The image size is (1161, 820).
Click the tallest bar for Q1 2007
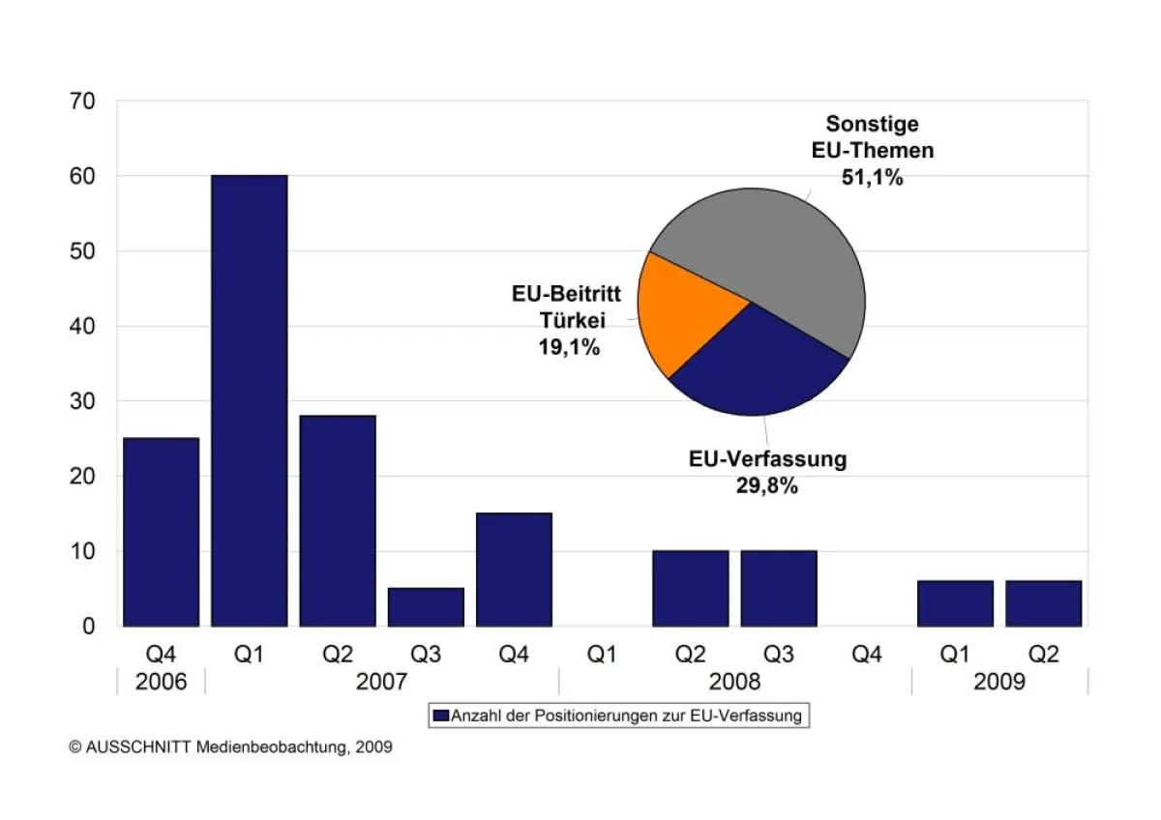[x=249, y=400]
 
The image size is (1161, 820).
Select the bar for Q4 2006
[x=161, y=532]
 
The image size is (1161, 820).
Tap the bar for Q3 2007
[x=426, y=606]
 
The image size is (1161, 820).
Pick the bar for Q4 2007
[x=514, y=570]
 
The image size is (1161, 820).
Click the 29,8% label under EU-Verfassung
[x=767, y=486]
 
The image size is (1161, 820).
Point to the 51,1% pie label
[x=872, y=177]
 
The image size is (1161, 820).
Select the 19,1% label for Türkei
[x=569, y=347]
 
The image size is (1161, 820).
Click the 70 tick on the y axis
[x=83, y=102]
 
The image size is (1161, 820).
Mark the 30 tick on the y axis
[x=83, y=401]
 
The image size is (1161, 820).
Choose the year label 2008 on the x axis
[x=734, y=683]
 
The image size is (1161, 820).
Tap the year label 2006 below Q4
[x=161, y=683]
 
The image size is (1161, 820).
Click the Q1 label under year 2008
[x=602, y=655]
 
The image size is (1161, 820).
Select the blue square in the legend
[x=441, y=717]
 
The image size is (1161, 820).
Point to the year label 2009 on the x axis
[x=998, y=683]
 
